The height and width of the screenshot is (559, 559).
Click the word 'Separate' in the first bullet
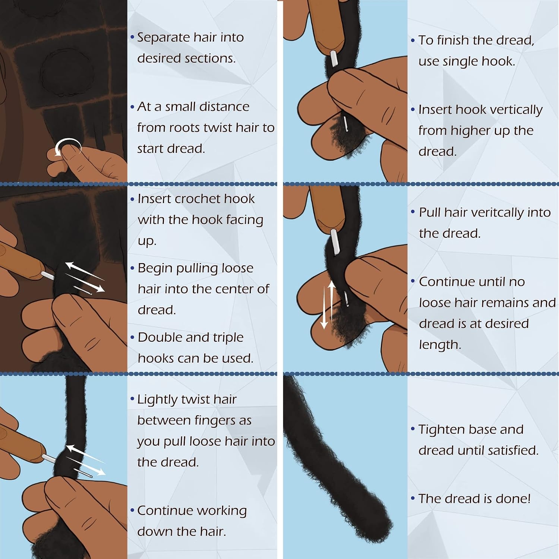point(164,38)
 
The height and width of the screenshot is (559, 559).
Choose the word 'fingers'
point(217,421)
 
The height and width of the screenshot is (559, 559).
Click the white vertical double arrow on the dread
point(328,305)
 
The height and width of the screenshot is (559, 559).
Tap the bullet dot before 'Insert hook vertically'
point(413,110)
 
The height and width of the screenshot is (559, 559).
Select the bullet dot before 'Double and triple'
point(132,338)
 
